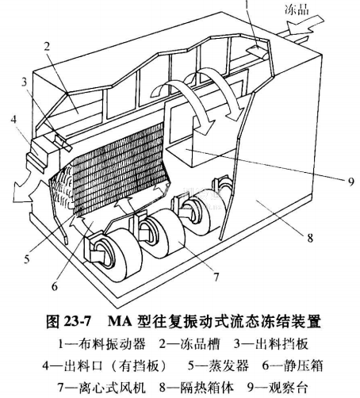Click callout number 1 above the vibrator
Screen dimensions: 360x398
(x=247, y=6)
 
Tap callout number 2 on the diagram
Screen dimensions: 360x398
(x=47, y=47)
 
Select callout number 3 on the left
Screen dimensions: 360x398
(x=24, y=82)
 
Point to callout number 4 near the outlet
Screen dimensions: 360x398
(x=13, y=119)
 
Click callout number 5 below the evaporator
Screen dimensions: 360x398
(x=27, y=259)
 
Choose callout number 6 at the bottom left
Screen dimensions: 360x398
(x=55, y=286)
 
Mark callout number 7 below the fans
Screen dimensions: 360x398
(x=216, y=277)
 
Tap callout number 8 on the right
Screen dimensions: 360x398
(x=310, y=238)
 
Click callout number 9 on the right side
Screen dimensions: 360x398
(x=350, y=182)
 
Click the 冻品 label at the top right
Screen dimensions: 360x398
(x=297, y=10)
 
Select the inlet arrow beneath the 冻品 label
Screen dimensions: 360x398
(x=305, y=26)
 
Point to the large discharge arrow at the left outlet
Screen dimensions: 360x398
(x=25, y=191)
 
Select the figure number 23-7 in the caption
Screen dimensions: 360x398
(x=77, y=322)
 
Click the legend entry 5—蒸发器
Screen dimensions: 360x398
(x=218, y=366)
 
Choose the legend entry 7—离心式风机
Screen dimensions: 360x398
(x=101, y=388)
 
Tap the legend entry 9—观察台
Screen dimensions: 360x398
(x=278, y=388)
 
